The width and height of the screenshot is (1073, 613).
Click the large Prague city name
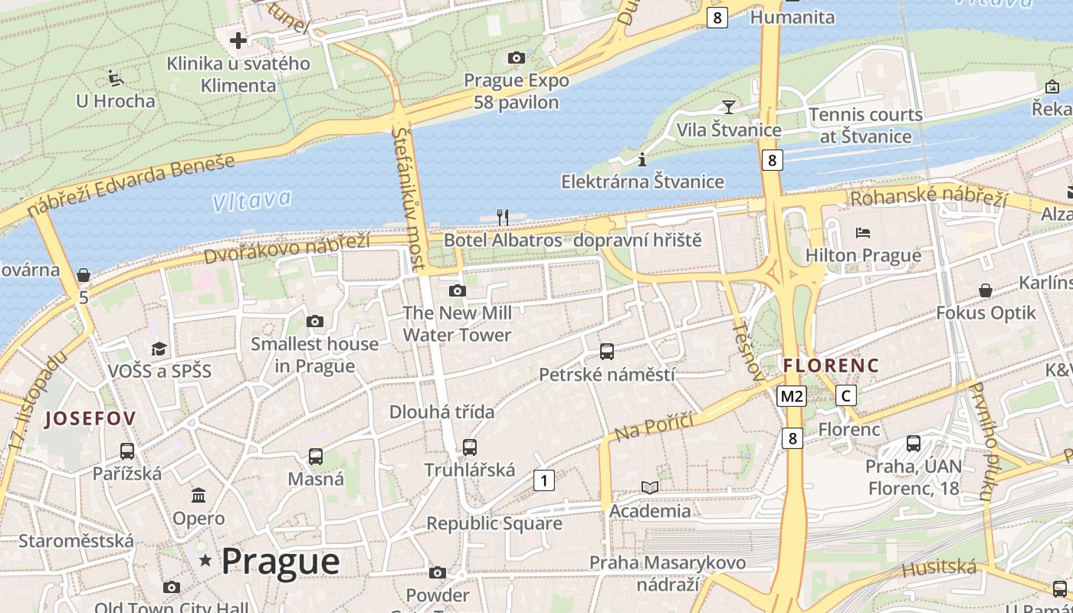pos(281,562)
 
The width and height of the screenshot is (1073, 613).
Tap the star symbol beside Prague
pos(205,561)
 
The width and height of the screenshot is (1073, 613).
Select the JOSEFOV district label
pos(90,418)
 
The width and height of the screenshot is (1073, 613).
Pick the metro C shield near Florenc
pos(845,395)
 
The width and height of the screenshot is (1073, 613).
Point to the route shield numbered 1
pos(543,480)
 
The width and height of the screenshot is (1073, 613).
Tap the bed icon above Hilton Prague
pos(863,232)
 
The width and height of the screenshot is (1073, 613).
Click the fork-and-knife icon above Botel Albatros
pos(503,217)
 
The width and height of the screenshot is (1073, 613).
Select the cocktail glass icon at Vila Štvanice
pos(728,107)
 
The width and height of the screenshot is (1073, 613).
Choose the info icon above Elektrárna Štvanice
pos(642,159)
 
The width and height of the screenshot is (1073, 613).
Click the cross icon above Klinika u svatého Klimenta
pos(238,40)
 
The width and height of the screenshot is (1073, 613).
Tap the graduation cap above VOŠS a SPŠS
pos(159,349)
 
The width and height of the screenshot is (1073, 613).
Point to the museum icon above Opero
pos(199,495)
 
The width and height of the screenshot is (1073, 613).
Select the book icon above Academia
pos(650,487)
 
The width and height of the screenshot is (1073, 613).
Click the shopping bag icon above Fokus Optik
pos(986,290)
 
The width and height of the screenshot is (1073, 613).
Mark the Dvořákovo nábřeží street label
pos(287,247)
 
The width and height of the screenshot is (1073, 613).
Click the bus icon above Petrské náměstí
pos(607,352)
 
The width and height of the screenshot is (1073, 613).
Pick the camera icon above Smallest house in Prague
pos(315,321)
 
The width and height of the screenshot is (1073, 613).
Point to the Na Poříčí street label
pos(653,426)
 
